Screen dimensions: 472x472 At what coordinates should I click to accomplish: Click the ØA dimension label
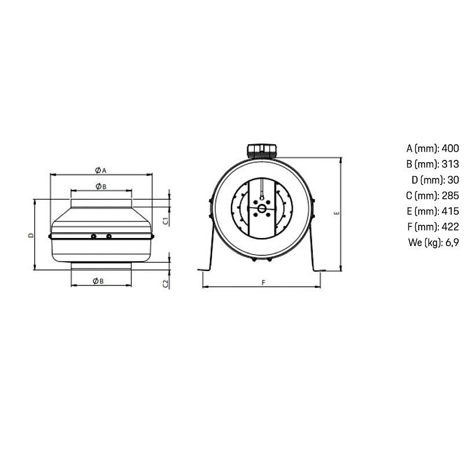tap(101, 170)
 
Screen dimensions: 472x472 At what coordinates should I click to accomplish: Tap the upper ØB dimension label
tap(101, 186)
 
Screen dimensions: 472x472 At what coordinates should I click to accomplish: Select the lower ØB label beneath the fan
tap(98, 281)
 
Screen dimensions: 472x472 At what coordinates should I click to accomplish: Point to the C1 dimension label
tap(166, 221)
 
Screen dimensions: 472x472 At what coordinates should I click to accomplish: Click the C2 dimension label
tap(166, 284)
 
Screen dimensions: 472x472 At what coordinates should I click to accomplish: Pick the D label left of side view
tap(31, 235)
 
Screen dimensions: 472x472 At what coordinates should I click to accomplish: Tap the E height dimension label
tap(337, 213)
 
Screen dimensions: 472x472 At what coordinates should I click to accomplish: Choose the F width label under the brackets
tap(264, 283)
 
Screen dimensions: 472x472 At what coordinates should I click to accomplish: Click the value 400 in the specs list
tap(451, 148)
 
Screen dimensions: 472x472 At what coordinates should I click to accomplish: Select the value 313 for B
tap(451, 164)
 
